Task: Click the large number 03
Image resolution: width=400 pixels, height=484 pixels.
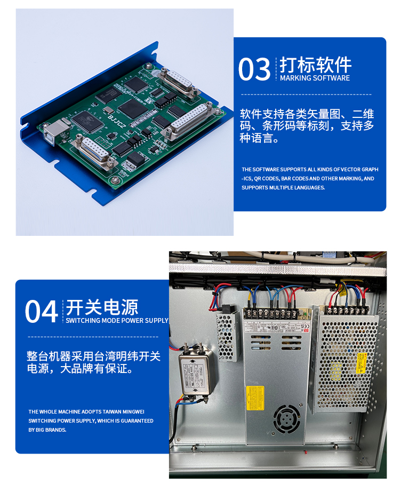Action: coord(254,69)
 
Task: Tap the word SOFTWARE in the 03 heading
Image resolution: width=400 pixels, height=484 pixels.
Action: coord(331,78)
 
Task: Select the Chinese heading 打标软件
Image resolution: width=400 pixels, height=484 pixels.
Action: coord(316,65)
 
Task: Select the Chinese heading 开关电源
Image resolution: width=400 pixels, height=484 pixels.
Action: coord(102,307)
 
